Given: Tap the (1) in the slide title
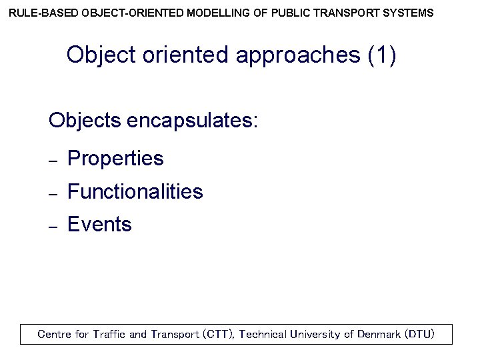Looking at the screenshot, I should tap(381, 55).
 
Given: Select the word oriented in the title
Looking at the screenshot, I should tap(185, 55).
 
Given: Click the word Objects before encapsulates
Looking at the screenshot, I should tap(85, 121).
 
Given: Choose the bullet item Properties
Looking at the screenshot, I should tap(115, 159).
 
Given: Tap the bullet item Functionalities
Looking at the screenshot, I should tap(135, 192).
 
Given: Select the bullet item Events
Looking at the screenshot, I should tap(100, 225).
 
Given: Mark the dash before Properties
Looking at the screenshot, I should tap(55, 161).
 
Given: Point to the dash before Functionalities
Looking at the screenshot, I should tap(55, 194).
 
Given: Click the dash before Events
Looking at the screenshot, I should tap(55, 227).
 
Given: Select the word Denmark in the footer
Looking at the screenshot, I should tap(379, 334).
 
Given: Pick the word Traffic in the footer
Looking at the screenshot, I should tap(109, 334).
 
